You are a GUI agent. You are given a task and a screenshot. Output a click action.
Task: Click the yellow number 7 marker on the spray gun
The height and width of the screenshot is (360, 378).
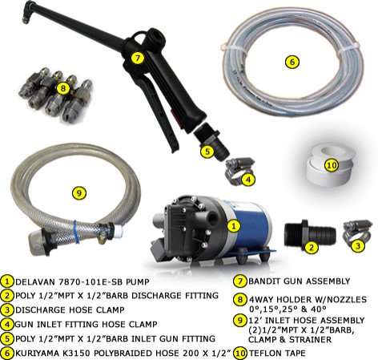137,58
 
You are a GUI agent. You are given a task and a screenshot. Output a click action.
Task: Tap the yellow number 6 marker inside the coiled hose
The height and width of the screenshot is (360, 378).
292,62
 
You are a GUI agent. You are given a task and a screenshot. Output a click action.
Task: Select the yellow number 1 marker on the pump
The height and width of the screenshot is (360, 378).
234,226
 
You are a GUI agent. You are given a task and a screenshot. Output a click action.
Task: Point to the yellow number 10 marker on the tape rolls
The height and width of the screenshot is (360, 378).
332,165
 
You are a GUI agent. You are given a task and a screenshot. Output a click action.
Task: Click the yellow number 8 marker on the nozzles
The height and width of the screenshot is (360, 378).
63,88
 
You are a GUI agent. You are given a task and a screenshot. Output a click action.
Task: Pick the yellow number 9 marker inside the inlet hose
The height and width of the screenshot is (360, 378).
79,192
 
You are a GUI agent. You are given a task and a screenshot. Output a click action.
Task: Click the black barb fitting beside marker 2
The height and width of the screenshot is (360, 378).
309,234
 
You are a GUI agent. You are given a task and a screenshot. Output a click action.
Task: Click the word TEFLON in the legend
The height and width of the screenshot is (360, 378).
263,353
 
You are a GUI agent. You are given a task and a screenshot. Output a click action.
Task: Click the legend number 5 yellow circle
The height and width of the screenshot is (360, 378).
8,338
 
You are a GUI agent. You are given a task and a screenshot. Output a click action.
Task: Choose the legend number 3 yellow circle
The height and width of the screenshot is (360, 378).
8,309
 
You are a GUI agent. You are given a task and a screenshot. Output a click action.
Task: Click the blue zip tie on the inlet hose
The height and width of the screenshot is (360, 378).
76,232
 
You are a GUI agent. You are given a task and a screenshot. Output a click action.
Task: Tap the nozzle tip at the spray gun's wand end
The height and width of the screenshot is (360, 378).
26,20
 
